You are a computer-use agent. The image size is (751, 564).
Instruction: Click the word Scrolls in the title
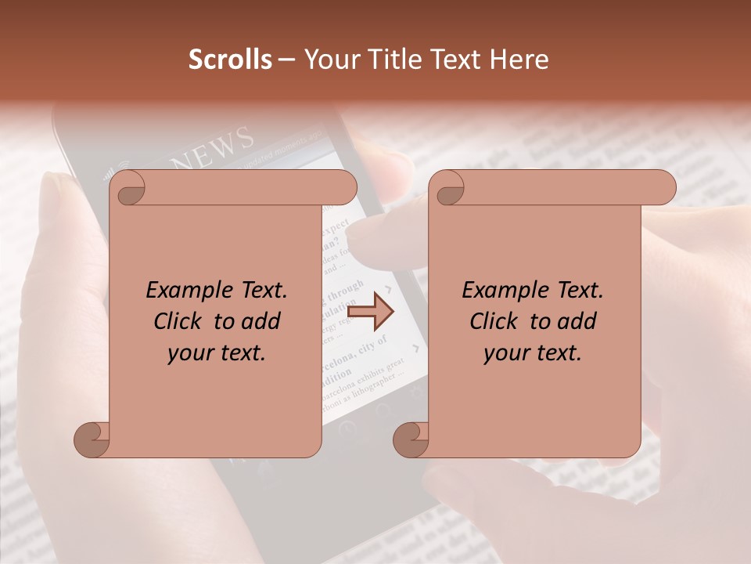coord(230,60)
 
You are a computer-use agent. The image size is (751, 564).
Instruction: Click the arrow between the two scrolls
coord(370,312)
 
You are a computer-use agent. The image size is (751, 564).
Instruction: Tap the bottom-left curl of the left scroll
coord(92,439)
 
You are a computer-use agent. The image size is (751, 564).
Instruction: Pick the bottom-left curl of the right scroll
coord(411,439)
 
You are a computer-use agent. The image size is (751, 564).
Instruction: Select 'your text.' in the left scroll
coord(217,353)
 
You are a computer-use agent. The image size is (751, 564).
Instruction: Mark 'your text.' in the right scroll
coord(533,353)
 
